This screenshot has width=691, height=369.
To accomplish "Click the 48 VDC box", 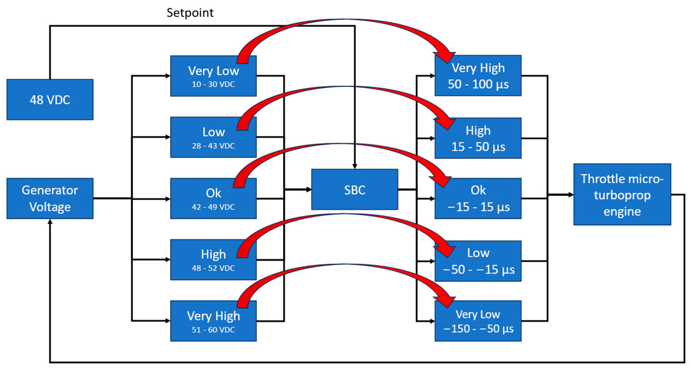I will click(50, 100).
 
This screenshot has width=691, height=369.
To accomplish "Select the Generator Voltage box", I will click(50, 198).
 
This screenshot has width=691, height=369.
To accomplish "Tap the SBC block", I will click(354, 190).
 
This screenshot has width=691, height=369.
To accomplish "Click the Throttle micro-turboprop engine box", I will click(622, 194).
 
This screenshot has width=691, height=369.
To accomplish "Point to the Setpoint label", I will click(190, 13).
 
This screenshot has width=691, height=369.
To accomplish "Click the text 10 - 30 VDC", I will click(213, 84).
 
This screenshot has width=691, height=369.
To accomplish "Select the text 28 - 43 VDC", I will click(213, 146).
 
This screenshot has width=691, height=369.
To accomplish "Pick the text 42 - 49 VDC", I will click(213, 207).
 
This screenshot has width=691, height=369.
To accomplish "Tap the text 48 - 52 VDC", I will click(213, 268).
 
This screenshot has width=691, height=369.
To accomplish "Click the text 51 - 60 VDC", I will click(213, 330).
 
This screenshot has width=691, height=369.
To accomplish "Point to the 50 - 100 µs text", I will click(478, 84).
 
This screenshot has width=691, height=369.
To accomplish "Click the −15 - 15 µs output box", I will click(478, 198).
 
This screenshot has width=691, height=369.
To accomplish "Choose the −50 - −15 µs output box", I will click(478, 261).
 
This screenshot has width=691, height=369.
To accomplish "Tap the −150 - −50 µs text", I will click(478, 329).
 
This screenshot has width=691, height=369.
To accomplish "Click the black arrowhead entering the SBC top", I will click(355, 166).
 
